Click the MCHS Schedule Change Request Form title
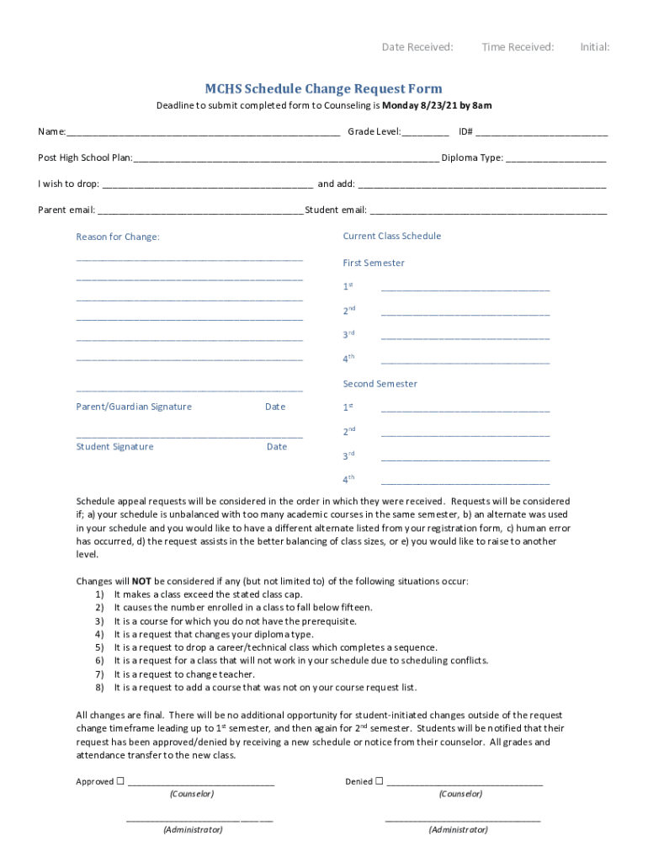click(x=324, y=88)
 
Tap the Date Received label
click(x=417, y=47)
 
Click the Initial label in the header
click(x=594, y=47)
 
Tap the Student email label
click(x=336, y=210)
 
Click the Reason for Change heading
click(x=118, y=237)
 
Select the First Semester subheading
click(x=374, y=263)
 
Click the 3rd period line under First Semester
click(x=465, y=338)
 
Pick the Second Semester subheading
click(x=380, y=384)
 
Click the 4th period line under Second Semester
click(x=465, y=483)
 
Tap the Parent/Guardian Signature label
click(x=134, y=407)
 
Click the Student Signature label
click(x=114, y=446)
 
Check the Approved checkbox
click(x=120, y=781)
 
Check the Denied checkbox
click(x=379, y=781)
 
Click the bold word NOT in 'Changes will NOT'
click(x=141, y=581)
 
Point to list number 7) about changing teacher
click(x=99, y=674)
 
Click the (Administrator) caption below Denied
click(x=458, y=829)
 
